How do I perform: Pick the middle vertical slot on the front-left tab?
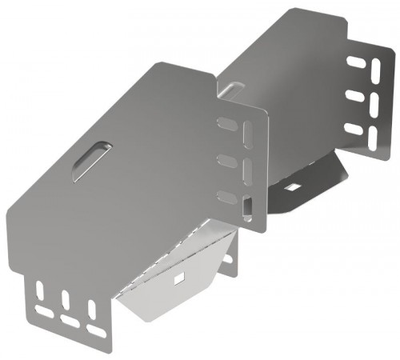66,300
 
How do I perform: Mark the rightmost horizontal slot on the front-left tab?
96,331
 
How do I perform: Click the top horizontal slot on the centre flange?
227,122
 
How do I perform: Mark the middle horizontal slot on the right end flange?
355,96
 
